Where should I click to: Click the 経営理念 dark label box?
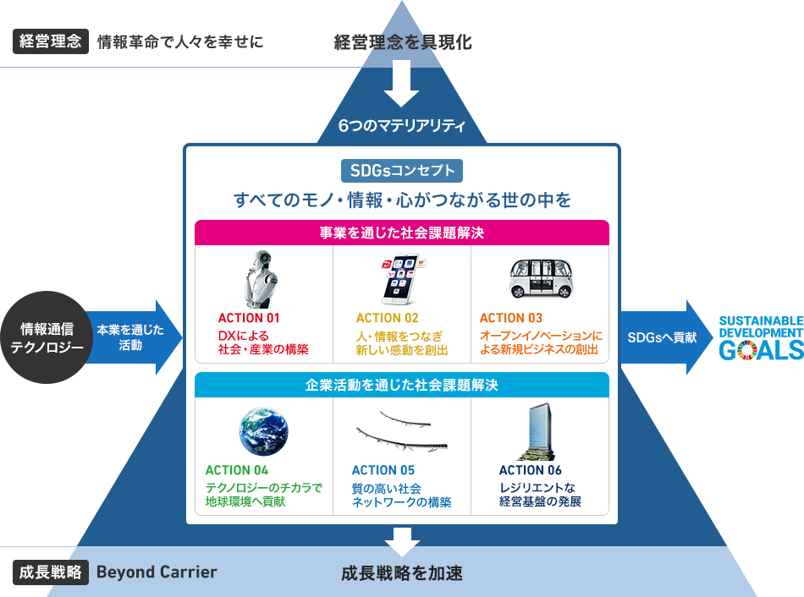[x=50, y=41]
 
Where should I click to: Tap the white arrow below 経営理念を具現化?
[x=402, y=83]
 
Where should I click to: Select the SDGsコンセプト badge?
[x=402, y=172]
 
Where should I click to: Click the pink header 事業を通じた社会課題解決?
[x=402, y=232]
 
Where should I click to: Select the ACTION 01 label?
[x=249, y=318]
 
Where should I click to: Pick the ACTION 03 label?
[x=511, y=318]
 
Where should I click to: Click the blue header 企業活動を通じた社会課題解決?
[x=402, y=385]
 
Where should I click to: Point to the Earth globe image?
[x=263, y=429]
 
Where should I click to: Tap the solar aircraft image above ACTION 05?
[x=401, y=431]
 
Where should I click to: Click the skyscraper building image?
[x=538, y=430]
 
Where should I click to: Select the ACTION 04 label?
[x=237, y=470]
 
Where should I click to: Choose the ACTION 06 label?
[x=531, y=470]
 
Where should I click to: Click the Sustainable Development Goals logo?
[x=760, y=337]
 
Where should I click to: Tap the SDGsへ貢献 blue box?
[x=663, y=337]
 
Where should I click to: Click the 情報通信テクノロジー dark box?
[x=47, y=337]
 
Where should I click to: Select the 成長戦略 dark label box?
[x=50, y=572]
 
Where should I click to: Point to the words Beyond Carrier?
[x=157, y=572]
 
